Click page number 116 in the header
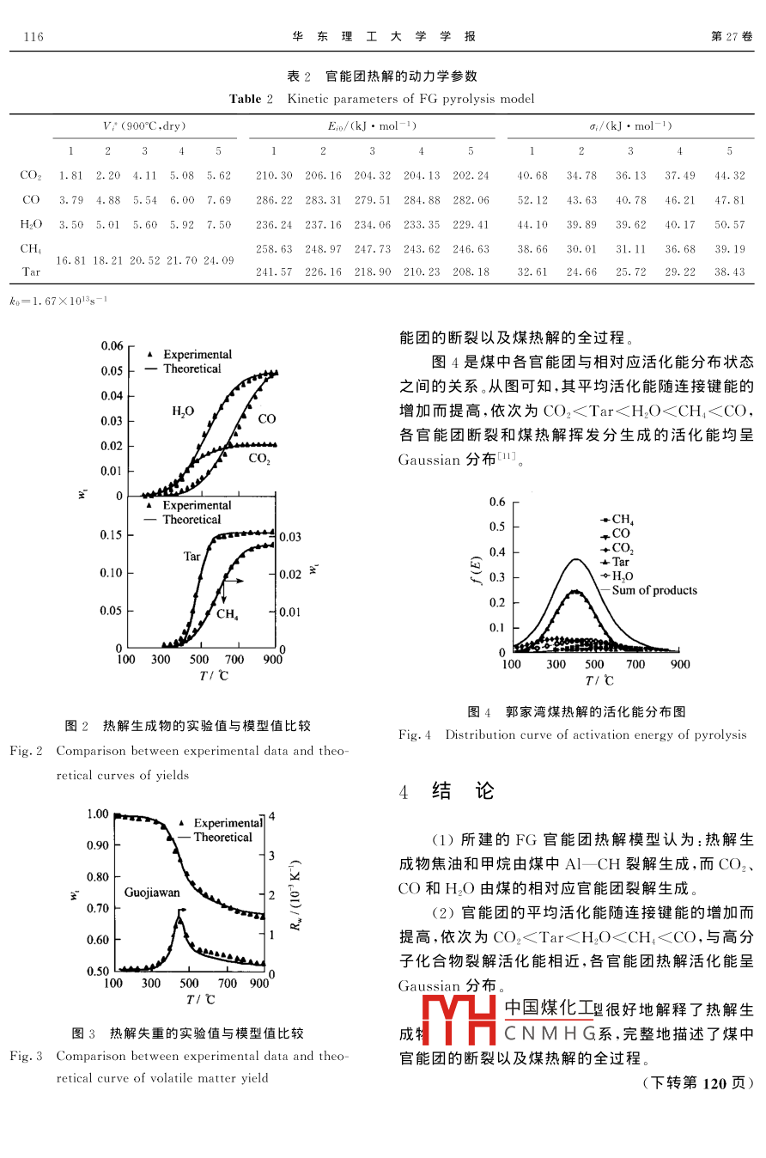click(x=34, y=37)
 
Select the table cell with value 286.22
click(x=274, y=200)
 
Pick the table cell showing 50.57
click(x=729, y=224)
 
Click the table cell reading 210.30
click(x=274, y=175)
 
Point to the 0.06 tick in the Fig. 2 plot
click(x=112, y=346)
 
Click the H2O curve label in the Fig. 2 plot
click(x=182, y=411)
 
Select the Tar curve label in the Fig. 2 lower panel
click(x=191, y=557)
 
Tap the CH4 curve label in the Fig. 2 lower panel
click(x=227, y=613)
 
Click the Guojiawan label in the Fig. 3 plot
click(x=152, y=893)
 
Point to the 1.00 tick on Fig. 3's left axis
click(x=98, y=814)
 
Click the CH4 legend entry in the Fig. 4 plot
click(x=622, y=520)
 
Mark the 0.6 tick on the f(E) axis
click(x=497, y=502)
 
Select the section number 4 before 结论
click(x=404, y=793)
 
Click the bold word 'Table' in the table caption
click(x=245, y=99)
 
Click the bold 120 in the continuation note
click(x=714, y=1082)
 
